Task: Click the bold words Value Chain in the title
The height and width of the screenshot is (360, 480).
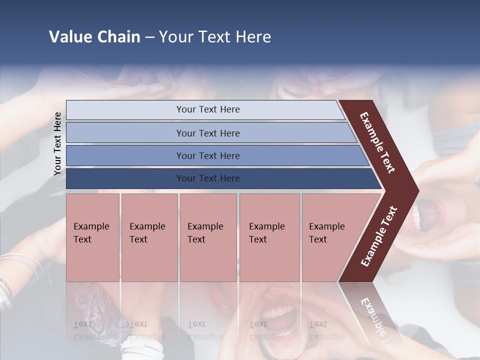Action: coord(94,37)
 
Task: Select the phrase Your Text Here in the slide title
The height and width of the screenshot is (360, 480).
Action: coord(215,37)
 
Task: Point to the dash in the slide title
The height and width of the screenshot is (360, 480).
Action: coord(149,37)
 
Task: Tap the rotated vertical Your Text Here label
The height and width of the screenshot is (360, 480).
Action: coord(57,143)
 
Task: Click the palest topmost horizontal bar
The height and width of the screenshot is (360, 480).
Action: coord(205,110)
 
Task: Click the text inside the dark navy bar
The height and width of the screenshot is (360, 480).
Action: coord(208,178)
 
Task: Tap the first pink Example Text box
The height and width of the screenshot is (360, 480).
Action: coord(92,237)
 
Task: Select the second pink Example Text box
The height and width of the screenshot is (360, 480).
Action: coord(149,237)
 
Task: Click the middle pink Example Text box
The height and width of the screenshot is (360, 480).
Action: coord(208,237)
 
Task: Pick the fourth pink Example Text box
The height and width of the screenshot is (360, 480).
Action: coord(269,237)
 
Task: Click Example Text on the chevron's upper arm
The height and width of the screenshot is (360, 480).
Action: coord(377,142)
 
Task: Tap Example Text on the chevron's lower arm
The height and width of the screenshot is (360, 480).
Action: coord(379,236)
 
